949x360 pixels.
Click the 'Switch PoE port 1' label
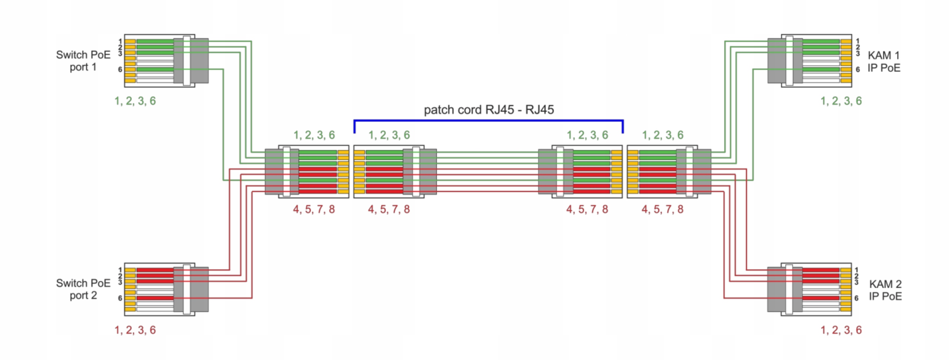[x=83, y=61]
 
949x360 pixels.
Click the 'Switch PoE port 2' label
[x=83, y=289]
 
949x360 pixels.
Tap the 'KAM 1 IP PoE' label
[x=884, y=62]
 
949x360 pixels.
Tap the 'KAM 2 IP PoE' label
[x=885, y=290]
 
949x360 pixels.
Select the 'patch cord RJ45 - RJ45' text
[x=489, y=110]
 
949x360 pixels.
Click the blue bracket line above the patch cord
[x=489, y=120]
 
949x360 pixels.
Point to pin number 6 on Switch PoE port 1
[x=120, y=69]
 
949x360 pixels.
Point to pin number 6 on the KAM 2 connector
[x=856, y=298]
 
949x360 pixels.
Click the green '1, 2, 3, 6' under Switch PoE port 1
[x=135, y=101]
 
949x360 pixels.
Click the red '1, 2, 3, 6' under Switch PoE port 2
[x=135, y=330]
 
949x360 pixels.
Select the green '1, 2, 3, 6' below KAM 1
[x=841, y=101]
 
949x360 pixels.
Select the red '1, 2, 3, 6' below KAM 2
[x=841, y=330]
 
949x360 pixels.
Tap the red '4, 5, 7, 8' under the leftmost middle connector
[x=314, y=209]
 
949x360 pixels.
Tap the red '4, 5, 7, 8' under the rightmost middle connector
[x=662, y=209]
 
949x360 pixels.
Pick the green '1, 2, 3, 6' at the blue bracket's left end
[x=389, y=135]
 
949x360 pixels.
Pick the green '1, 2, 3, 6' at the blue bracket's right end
[x=587, y=135]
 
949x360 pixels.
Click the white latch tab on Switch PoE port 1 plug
[x=187, y=61]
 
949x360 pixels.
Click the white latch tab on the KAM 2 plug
[x=789, y=289]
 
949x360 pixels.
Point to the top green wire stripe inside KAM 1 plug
[x=821, y=42]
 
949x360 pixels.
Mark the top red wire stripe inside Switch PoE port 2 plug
[x=155, y=270]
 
